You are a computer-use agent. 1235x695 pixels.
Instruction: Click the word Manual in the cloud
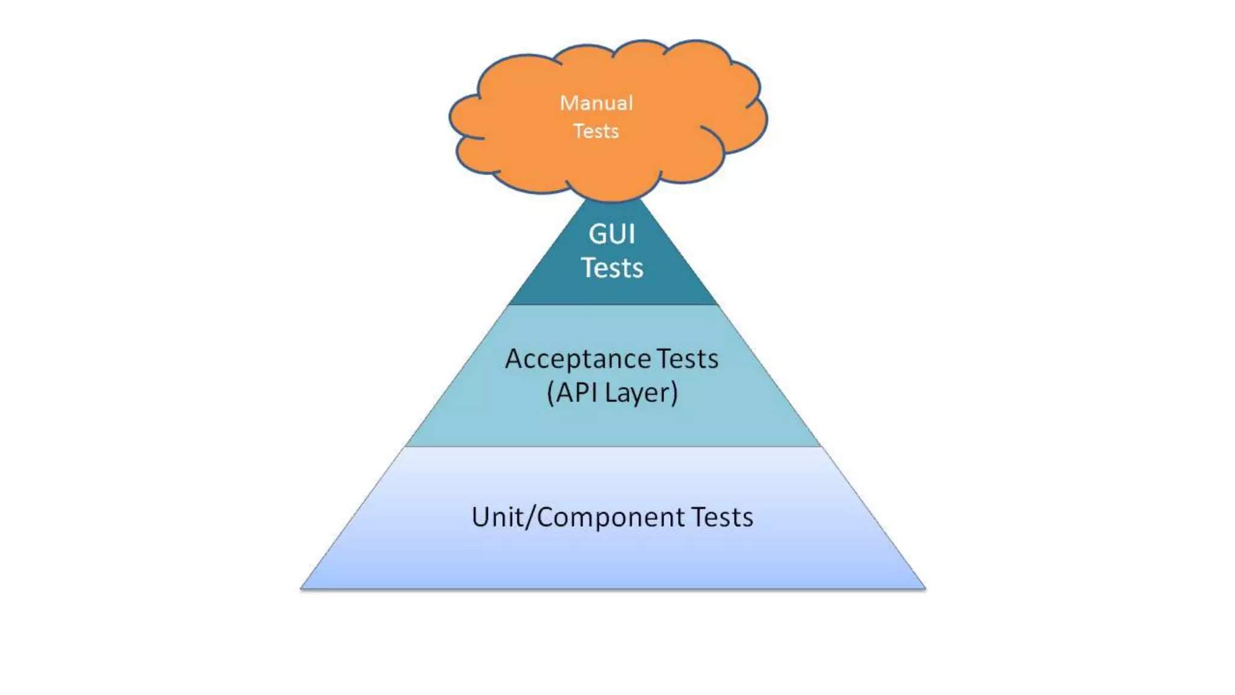click(596, 103)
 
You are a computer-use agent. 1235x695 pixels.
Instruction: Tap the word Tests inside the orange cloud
click(596, 131)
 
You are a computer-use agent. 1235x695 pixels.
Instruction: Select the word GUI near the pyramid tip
click(611, 234)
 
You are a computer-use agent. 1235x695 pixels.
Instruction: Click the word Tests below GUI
click(612, 268)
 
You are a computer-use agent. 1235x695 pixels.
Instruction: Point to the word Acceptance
click(578, 360)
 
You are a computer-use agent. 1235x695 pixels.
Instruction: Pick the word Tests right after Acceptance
click(687, 359)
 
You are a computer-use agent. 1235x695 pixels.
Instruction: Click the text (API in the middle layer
click(572, 393)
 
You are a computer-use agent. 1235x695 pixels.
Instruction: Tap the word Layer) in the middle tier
click(642, 393)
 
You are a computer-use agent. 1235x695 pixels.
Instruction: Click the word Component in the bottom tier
click(610, 518)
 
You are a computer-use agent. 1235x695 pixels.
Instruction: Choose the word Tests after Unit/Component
click(722, 517)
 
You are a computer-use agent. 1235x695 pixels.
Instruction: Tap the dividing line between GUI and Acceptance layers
click(613, 305)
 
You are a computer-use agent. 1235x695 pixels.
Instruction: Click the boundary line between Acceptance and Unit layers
click(613, 446)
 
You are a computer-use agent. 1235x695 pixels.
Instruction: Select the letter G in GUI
click(597, 234)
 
